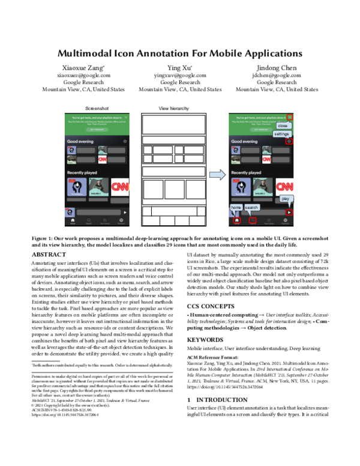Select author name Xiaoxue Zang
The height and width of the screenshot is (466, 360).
[x=83, y=67]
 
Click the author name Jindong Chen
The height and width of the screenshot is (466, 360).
[x=277, y=67]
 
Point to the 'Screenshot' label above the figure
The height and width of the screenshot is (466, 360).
[x=95, y=108]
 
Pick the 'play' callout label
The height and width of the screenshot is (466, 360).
[x=285, y=198]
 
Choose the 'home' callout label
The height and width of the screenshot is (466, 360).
[x=236, y=207]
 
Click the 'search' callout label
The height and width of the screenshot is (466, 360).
[x=251, y=207]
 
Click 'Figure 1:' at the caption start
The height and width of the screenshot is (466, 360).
[x=44, y=238]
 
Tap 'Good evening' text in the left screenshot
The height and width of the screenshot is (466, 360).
[x=80, y=142]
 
